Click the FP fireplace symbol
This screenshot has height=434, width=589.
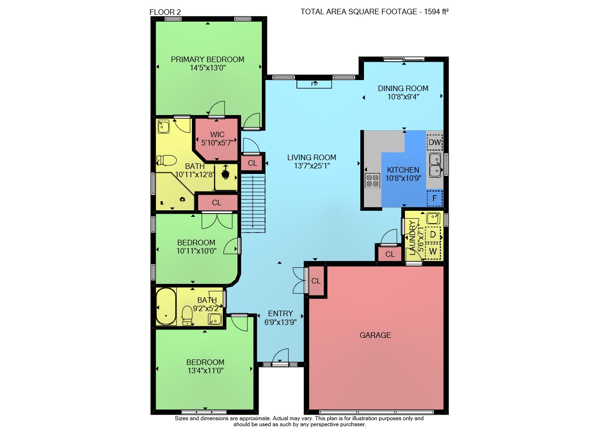click(x=314, y=84)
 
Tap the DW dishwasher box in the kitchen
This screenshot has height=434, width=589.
click(x=435, y=142)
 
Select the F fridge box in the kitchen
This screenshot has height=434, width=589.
click(x=435, y=198)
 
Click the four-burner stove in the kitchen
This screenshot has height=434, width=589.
click(x=373, y=180)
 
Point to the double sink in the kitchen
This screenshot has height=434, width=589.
click(x=435, y=165)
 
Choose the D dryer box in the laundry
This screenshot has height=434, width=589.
click(x=433, y=234)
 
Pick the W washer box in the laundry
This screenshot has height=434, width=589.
click(x=433, y=251)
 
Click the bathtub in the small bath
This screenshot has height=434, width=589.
click(x=166, y=307)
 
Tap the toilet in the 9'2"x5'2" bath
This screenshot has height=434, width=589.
click(x=187, y=315)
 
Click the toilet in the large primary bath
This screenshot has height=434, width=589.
click(x=167, y=160)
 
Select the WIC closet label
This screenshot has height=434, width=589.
click(x=217, y=134)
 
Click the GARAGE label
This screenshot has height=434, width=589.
click(x=375, y=335)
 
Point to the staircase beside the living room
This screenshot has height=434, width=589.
click(x=253, y=203)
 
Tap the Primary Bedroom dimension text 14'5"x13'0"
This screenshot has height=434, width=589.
click(x=208, y=68)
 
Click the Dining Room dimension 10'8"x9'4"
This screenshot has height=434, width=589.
click(x=403, y=97)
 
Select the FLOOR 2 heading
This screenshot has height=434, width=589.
click(x=165, y=12)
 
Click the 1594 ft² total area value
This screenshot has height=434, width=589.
click(x=436, y=12)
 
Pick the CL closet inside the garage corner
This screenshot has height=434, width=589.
click(x=316, y=281)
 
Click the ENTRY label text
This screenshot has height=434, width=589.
click(x=280, y=313)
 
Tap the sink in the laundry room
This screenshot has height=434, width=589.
click(x=433, y=218)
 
